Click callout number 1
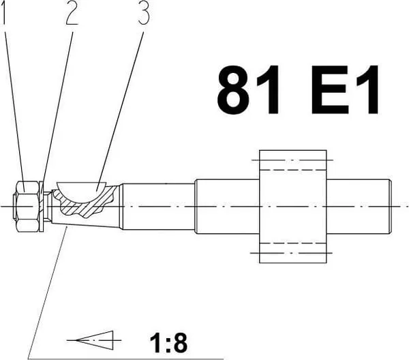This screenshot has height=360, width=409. (3, 12)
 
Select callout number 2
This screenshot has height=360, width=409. (72, 13)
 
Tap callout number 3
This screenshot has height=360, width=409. (143, 14)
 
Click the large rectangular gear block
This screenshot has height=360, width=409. (292, 207)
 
